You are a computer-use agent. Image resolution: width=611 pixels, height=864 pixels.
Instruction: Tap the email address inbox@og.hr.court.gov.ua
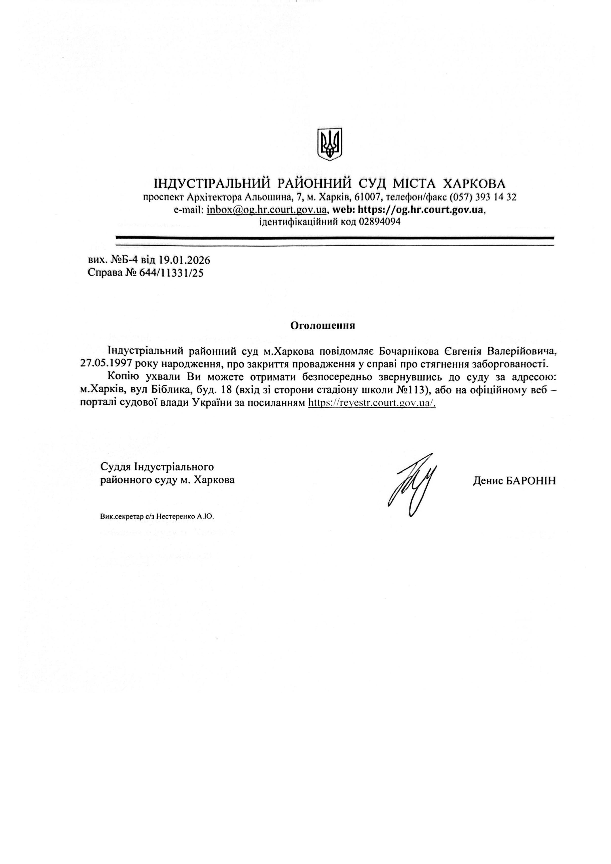coord(266,210)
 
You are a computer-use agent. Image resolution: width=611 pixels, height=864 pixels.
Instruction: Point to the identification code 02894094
coord(380,222)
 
